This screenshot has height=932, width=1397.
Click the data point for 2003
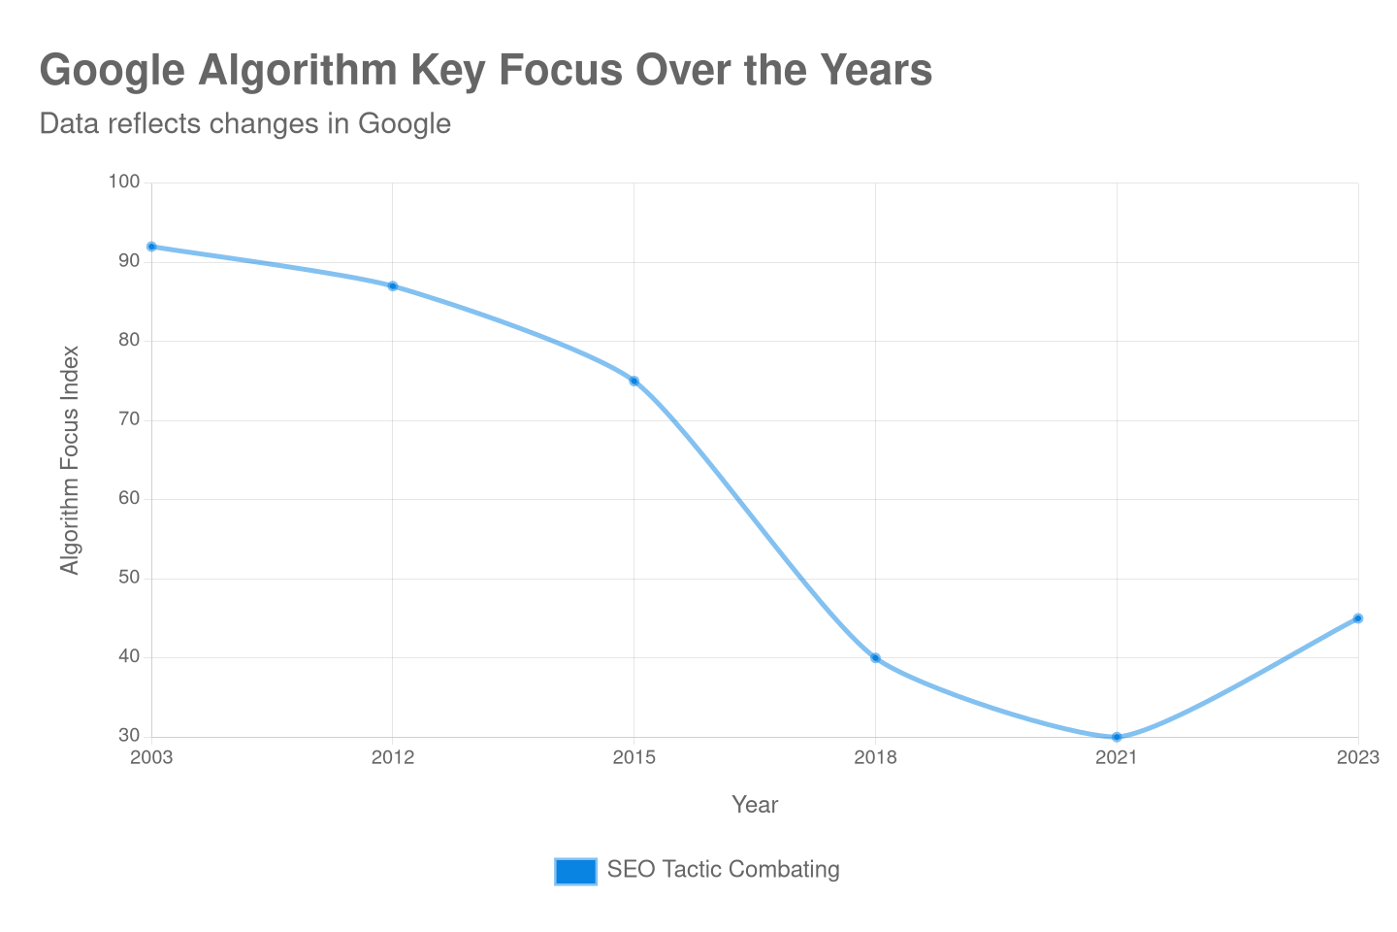coord(151,247)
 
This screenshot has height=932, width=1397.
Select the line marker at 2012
coord(393,286)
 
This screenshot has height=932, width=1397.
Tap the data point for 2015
coord(634,381)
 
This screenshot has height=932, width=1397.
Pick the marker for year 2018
coord(875,658)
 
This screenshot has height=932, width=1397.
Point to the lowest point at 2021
coord(1117,737)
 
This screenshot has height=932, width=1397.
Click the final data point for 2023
coord(1358,618)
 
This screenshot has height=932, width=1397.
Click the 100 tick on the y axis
coord(124,182)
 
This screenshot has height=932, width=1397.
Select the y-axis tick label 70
coord(129,419)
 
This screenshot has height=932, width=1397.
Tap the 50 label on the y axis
coord(129,577)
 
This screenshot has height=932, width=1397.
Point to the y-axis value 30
coord(129,735)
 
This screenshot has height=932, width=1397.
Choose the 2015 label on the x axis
coord(634,757)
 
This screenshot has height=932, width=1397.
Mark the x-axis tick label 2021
coord(1117,757)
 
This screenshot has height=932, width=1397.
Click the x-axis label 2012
coord(393,757)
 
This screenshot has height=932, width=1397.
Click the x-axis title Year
coord(755,805)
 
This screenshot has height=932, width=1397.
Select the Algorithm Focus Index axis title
coord(70,459)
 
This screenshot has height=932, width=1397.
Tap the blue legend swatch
coord(576,871)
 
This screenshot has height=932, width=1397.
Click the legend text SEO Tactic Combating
coord(723,869)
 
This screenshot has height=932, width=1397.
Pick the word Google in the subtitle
coord(404,124)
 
